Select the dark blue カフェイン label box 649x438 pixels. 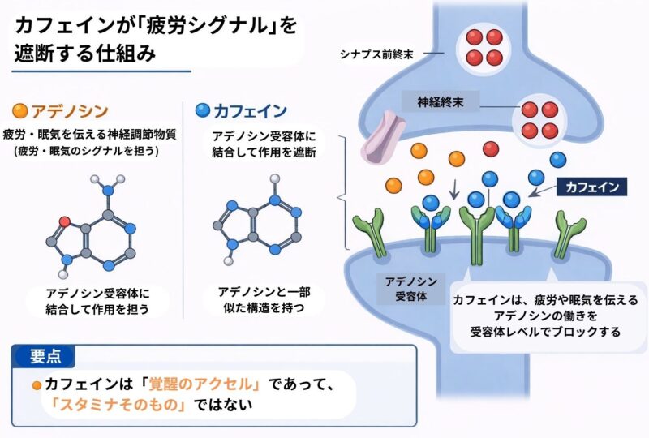click(x=593, y=187)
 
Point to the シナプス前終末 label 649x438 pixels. click(x=376, y=55)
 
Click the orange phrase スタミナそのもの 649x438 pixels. click(x=115, y=405)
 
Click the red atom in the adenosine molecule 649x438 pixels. click(x=63, y=220)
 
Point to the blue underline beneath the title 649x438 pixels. click(x=102, y=71)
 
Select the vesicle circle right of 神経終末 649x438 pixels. click(x=539, y=119)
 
